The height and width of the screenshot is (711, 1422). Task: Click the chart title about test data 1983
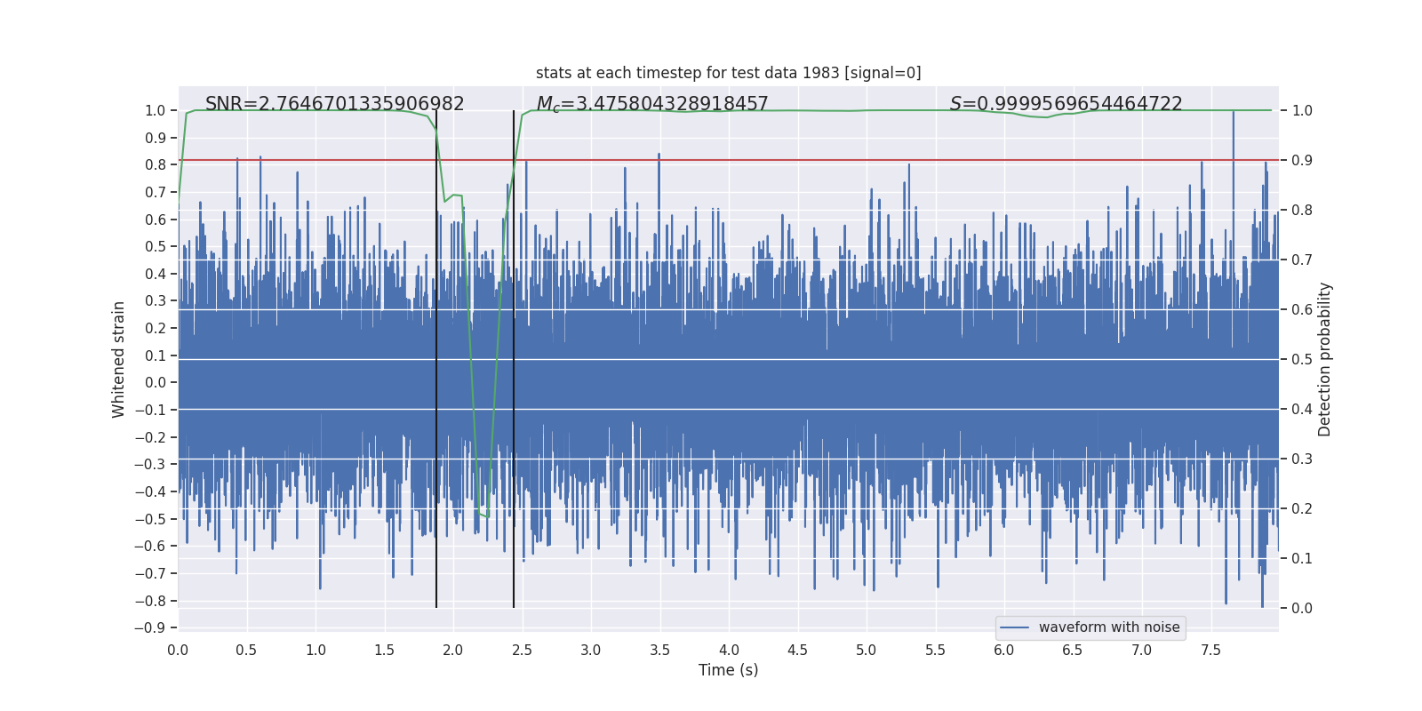[x=728, y=73]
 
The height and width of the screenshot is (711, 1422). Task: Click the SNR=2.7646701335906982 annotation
[x=334, y=104]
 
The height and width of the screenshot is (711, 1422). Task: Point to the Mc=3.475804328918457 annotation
[x=652, y=104]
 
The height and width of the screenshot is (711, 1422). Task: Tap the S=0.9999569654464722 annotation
[x=1066, y=104]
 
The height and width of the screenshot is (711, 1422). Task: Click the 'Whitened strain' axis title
[x=119, y=360]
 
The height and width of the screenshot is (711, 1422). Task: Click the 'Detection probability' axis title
[x=1325, y=360]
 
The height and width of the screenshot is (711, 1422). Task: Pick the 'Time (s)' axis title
[x=728, y=670]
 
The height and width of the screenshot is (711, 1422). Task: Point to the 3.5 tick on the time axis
[x=659, y=651]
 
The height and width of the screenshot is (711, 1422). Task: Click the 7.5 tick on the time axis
[x=1210, y=651]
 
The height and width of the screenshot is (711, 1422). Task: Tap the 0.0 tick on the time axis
[x=178, y=651]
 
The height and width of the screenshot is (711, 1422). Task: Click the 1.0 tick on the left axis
[x=155, y=111]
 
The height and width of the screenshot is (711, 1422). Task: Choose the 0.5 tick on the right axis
[x=1302, y=360]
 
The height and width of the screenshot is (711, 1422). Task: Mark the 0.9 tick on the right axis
[x=1302, y=161]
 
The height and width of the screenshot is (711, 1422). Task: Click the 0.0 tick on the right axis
[x=1302, y=609]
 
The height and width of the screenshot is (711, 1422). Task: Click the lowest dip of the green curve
[x=487, y=517]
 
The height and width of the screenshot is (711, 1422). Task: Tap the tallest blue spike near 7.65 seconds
[x=1233, y=114]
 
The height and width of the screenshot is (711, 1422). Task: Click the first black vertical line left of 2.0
[x=436, y=355]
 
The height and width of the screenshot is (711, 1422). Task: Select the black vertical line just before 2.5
[x=514, y=355]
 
